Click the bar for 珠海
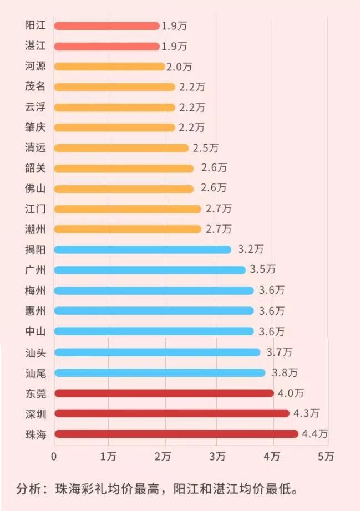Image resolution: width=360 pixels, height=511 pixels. click(176, 434)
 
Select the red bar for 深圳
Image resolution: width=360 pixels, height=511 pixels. click(172, 413)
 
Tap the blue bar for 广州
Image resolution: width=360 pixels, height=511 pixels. click(150, 270)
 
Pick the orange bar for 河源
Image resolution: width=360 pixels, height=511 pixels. click(110, 67)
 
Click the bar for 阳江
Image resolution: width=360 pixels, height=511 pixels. click(107, 26)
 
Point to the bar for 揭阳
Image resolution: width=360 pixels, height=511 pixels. click(143, 249)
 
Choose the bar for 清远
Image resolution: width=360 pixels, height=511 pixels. click(121, 148)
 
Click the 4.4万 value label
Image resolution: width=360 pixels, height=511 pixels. click(315, 434)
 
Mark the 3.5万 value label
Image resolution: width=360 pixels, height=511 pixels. click(262, 270)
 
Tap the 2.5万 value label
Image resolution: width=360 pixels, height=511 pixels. click(205, 148)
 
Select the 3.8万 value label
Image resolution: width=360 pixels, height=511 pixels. click(283, 372)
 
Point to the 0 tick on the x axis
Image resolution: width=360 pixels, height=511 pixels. click(54, 457)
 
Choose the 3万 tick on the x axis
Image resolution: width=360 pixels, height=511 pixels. click(218, 457)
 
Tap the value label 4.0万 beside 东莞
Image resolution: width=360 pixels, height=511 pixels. click(291, 393)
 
